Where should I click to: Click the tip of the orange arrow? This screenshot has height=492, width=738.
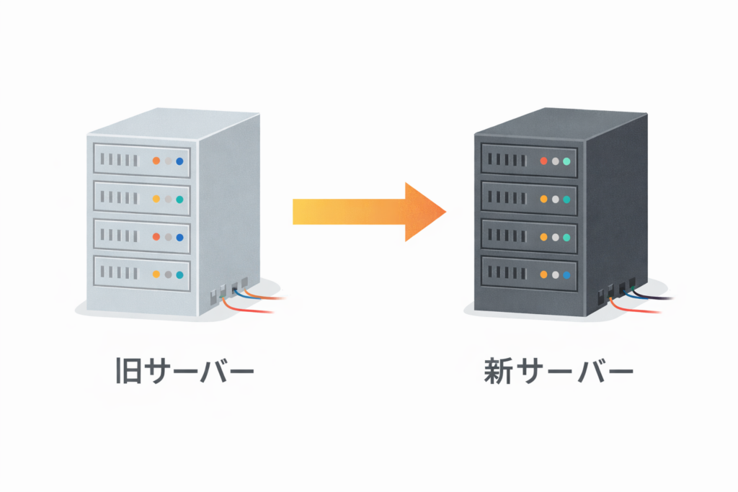click(x=445, y=212)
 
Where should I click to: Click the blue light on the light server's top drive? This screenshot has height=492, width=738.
click(x=179, y=161)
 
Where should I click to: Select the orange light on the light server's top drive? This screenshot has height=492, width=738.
click(x=156, y=160)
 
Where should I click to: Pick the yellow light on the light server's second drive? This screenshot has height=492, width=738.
click(x=156, y=198)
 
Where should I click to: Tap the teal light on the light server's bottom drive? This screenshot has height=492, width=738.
click(x=179, y=274)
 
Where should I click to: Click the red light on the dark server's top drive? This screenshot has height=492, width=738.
click(x=543, y=161)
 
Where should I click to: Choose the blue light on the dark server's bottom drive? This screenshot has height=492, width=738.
click(x=566, y=274)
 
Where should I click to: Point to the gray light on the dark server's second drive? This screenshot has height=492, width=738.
click(x=555, y=199)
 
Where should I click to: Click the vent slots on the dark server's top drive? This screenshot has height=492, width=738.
click(x=507, y=160)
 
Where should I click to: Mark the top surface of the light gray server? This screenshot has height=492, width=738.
click(x=173, y=124)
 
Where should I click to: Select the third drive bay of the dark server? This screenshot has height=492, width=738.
click(x=530, y=237)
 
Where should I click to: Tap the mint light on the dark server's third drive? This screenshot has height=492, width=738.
click(x=566, y=237)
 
